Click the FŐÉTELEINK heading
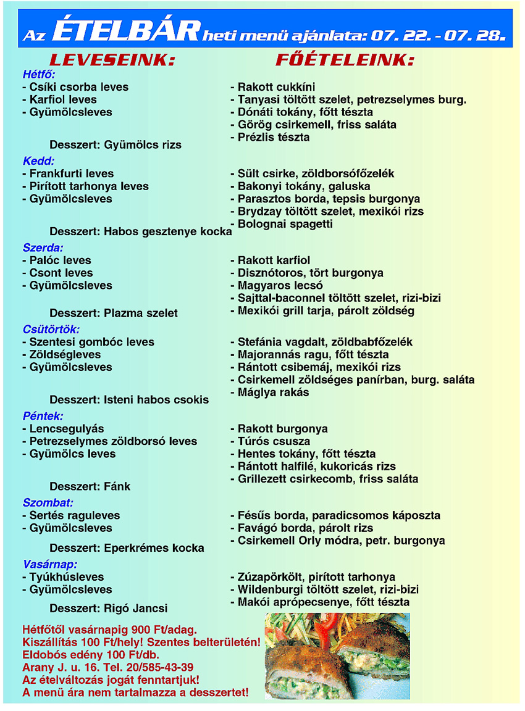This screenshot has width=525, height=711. point(344,60)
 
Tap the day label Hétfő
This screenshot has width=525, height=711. point(39,74)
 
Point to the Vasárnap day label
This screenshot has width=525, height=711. point(50,564)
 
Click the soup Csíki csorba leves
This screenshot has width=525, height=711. point(75,87)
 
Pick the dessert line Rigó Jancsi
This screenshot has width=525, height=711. point(108,609)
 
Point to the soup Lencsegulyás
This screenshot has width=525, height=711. point(62,428)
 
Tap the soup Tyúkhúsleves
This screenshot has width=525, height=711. point(62,577)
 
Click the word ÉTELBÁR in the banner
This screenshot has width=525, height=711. point(127,31)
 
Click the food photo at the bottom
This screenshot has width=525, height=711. point(337,655)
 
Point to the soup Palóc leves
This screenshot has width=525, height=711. point(56,260)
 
